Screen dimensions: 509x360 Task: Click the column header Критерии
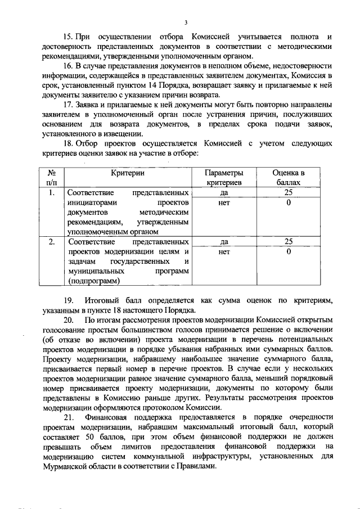pyautogui.click(x=128, y=173)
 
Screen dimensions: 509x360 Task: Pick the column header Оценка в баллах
pyautogui.click(x=289, y=178)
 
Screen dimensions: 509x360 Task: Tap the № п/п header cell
pyautogui.click(x=51, y=178)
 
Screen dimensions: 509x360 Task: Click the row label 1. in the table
pyautogui.click(x=51, y=192)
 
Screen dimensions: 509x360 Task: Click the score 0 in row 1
pyautogui.click(x=289, y=202)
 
